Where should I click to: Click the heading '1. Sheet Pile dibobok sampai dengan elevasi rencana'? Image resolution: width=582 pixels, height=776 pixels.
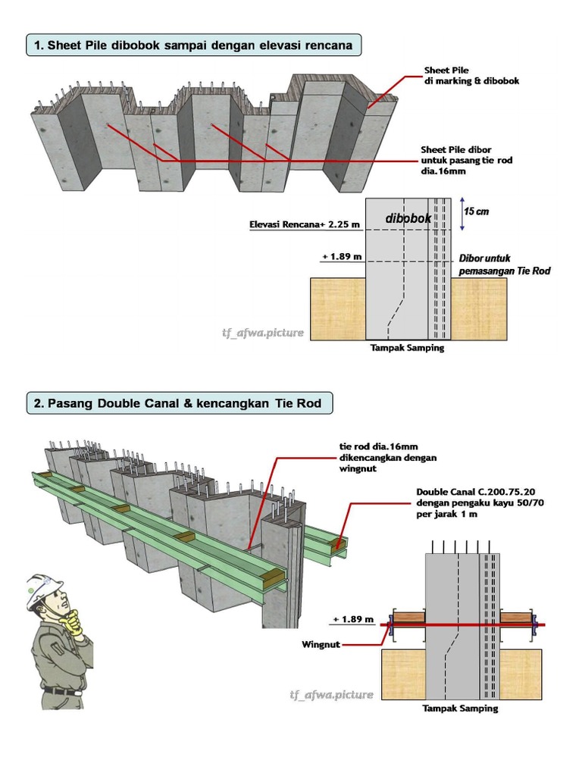(x=193, y=45)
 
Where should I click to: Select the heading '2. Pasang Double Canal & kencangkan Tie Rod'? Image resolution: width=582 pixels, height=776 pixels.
(x=180, y=403)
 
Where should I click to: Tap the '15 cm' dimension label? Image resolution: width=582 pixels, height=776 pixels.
(x=477, y=211)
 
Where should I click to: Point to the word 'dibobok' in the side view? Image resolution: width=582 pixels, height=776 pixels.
(x=408, y=218)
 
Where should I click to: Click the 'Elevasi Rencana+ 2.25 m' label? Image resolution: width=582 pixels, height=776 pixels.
(x=305, y=225)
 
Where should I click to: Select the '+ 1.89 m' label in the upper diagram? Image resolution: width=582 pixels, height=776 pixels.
(x=341, y=257)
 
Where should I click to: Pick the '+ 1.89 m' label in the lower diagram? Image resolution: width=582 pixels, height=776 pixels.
(x=353, y=619)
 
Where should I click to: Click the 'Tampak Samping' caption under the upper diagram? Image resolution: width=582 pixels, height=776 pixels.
(x=408, y=349)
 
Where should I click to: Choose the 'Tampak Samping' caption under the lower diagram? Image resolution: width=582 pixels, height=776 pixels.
(x=460, y=709)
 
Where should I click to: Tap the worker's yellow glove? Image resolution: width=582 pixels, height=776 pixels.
(x=74, y=623)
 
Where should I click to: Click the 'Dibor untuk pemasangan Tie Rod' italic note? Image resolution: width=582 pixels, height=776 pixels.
(x=504, y=264)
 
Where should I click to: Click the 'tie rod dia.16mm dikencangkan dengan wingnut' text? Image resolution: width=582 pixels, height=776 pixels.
(x=387, y=458)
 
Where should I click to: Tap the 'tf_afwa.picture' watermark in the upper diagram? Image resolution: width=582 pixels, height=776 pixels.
(x=263, y=332)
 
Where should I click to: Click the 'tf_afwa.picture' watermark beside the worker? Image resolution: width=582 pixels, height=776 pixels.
(x=331, y=694)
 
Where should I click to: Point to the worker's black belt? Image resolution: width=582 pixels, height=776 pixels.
(x=61, y=691)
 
